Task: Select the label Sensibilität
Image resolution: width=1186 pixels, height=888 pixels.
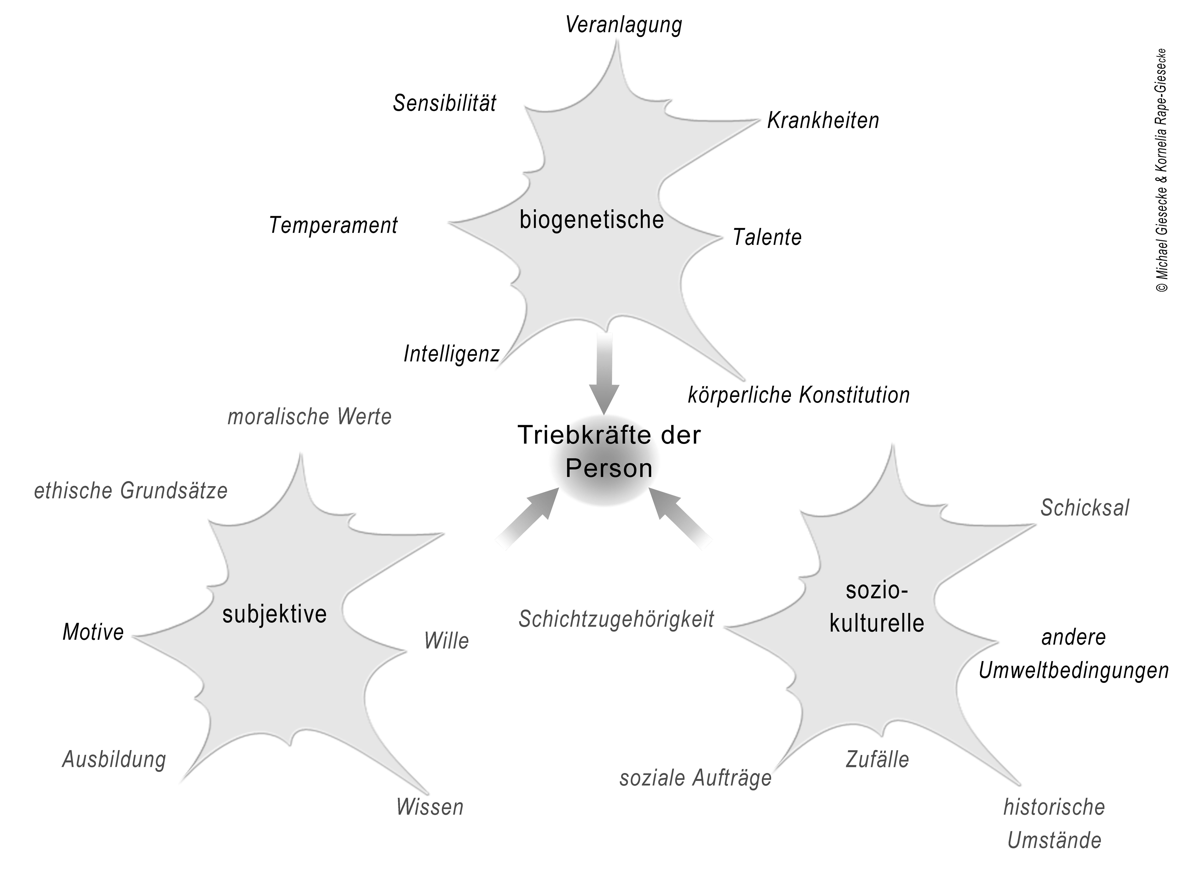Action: (x=444, y=103)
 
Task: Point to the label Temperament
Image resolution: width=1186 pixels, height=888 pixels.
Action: (x=333, y=225)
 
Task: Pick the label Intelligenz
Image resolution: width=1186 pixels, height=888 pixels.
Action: (x=451, y=354)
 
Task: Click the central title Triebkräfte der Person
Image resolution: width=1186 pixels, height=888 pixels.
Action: (x=609, y=451)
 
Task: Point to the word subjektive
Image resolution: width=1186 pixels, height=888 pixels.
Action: (x=275, y=614)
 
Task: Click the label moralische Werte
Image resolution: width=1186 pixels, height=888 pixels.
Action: (x=309, y=417)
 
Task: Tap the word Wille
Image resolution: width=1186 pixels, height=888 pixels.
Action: (x=446, y=641)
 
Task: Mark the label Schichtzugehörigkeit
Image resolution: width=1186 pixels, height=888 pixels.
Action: (x=616, y=619)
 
